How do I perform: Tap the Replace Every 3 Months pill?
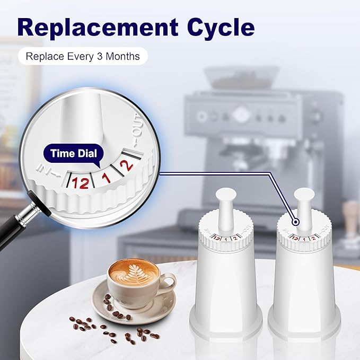[x=83, y=56]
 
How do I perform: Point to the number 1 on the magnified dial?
[x=106, y=178]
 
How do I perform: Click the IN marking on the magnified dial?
[x=45, y=169]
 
